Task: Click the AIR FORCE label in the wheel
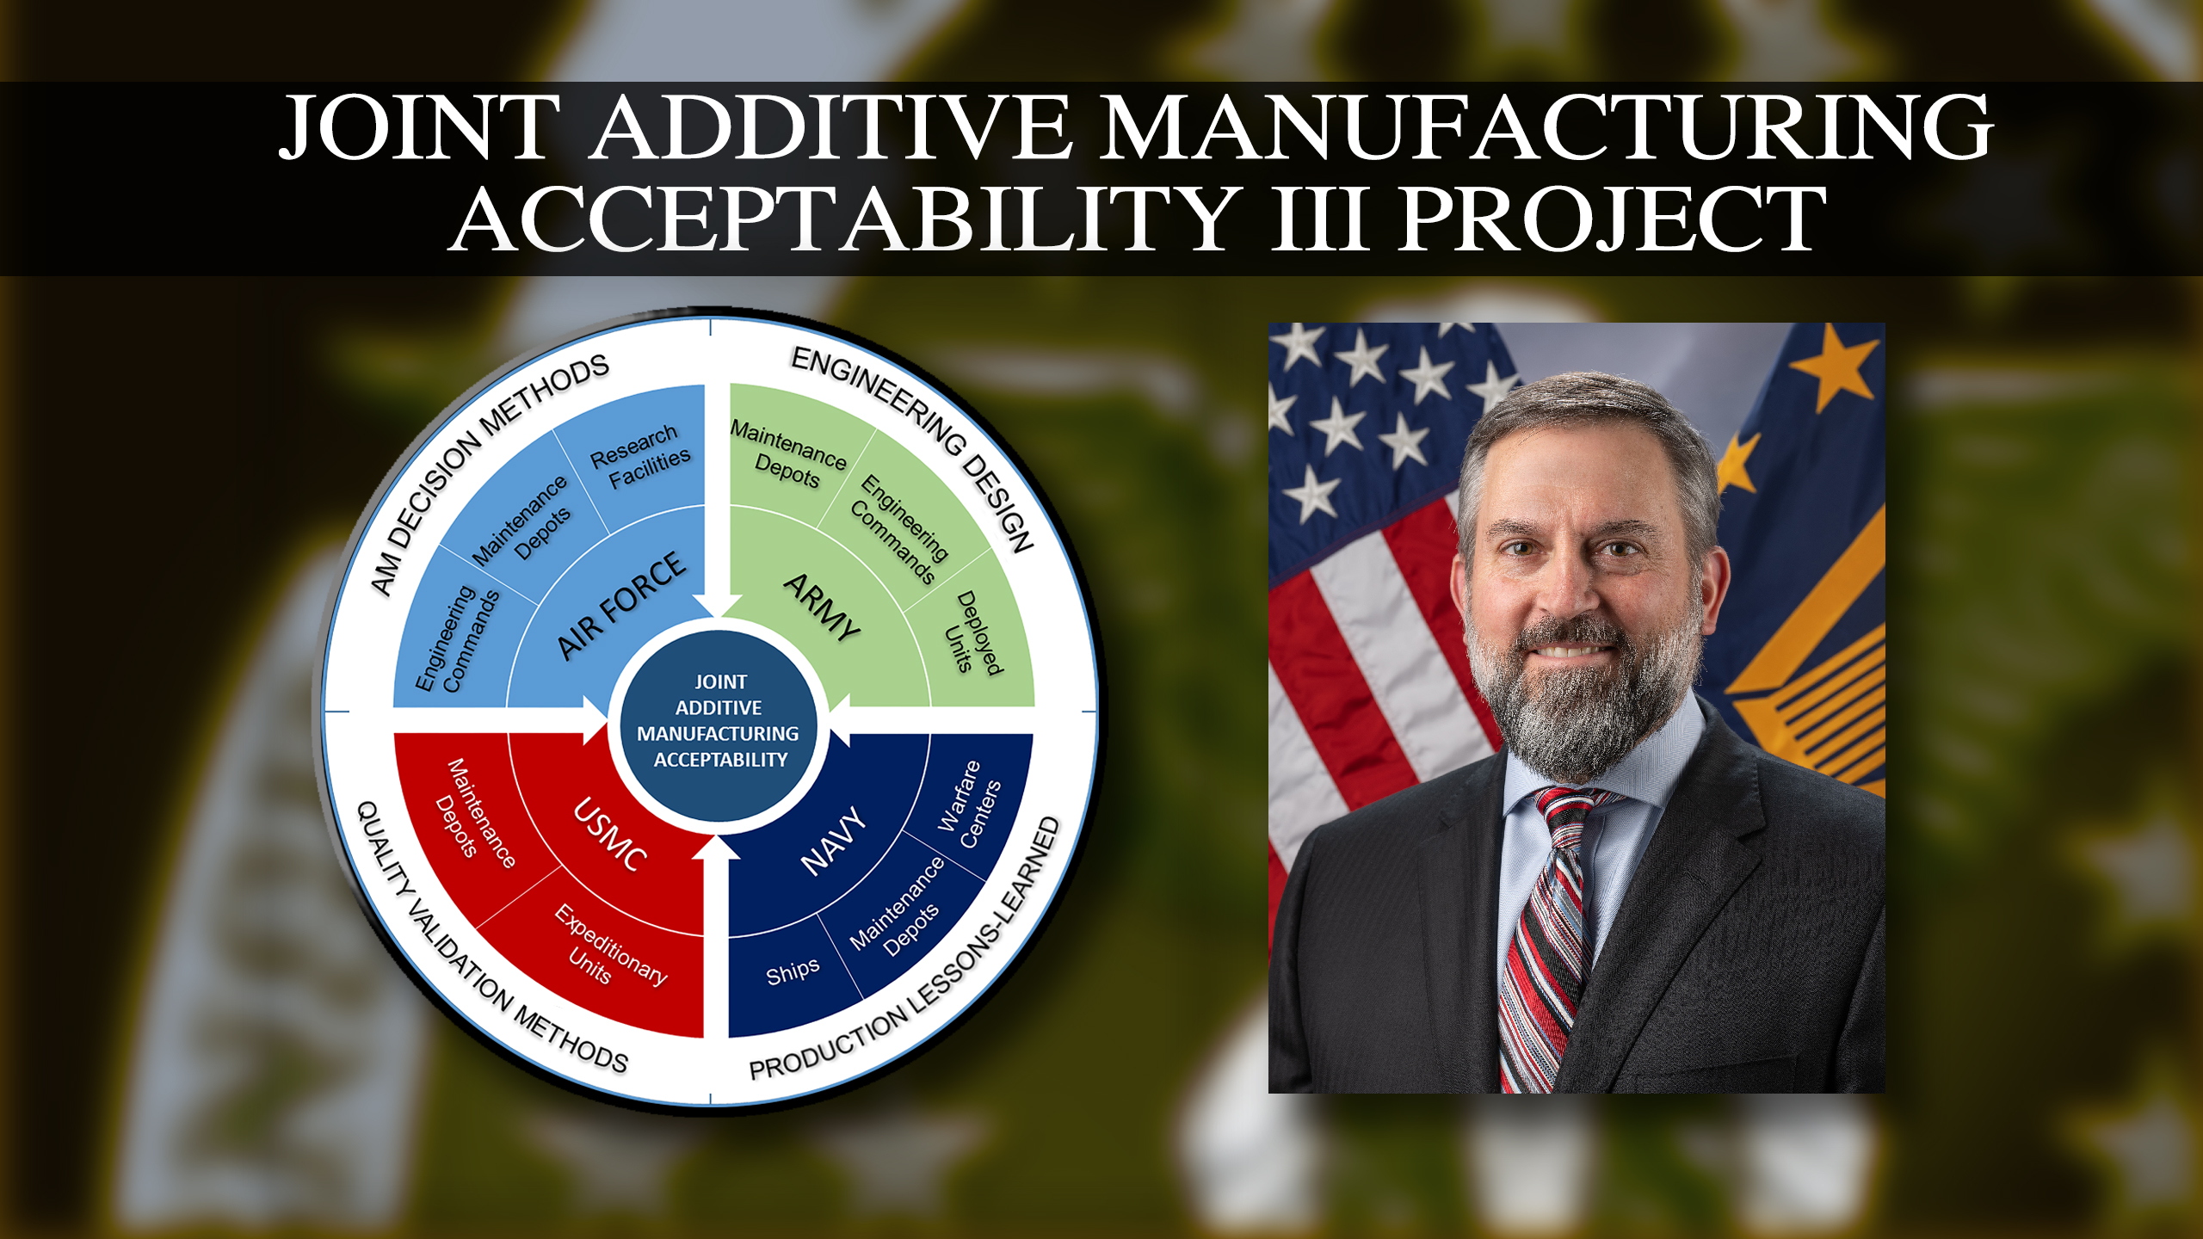621,605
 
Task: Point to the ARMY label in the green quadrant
823,606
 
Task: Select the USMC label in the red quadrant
611,834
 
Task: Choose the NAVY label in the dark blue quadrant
832,841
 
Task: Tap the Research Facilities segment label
641,456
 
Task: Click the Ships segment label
793,971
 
